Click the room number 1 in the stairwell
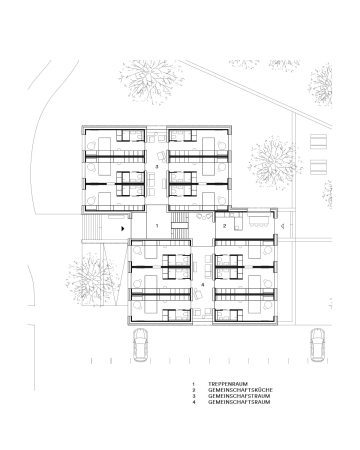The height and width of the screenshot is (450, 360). (x=157, y=226)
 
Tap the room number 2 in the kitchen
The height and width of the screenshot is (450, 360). (x=225, y=226)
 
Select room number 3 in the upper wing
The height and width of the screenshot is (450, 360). (x=156, y=166)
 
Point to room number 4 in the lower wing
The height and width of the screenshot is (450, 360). (x=202, y=285)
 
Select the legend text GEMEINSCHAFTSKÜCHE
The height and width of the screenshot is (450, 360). (x=240, y=390)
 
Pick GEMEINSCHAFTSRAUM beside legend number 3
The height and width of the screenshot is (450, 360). (x=239, y=396)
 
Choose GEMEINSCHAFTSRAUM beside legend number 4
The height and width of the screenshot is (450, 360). (x=239, y=402)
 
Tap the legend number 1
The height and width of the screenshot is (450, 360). (x=193, y=384)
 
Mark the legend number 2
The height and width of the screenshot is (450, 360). (x=193, y=390)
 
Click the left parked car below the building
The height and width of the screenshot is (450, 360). (x=140, y=345)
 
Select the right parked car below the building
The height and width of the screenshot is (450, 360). (x=317, y=345)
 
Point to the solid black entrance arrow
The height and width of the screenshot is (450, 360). (x=123, y=229)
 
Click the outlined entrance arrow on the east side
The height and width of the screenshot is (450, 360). (x=282, y=226)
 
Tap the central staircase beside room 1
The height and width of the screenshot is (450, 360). (x=180, y=226)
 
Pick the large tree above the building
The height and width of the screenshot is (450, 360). (x=152, y=82)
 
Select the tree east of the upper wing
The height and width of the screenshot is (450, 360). (x=275, y=163)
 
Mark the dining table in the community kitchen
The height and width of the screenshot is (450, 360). (x=258, y=221)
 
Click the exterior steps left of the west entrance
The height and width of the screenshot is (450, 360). (x=91, y=227)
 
